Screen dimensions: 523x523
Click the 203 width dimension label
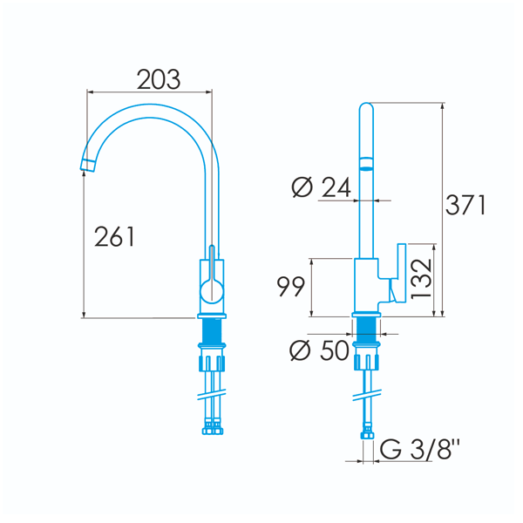pyautogui.click(x=159, y=79)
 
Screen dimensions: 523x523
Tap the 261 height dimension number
pyautogui.click(x=114, y=236)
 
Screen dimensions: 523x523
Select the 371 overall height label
pyautogui.click(x=465, y=205)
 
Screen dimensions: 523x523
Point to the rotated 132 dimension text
pyautogui.click(x=421, y=279)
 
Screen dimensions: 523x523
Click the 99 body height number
pyautogui.click(x=291, y=286)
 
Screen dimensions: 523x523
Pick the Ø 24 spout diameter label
pyautogui.click(x=321, y=187)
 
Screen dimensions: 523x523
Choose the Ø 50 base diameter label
pyautogui.click(x=319, y=350)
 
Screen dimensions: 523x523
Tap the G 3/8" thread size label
pyautogui.click(x=419, y=449)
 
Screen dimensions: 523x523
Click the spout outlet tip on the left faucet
pyautogui.click(x=87, y=166)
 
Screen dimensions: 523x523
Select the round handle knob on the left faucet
pyautogui.click(x=212, y=291)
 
